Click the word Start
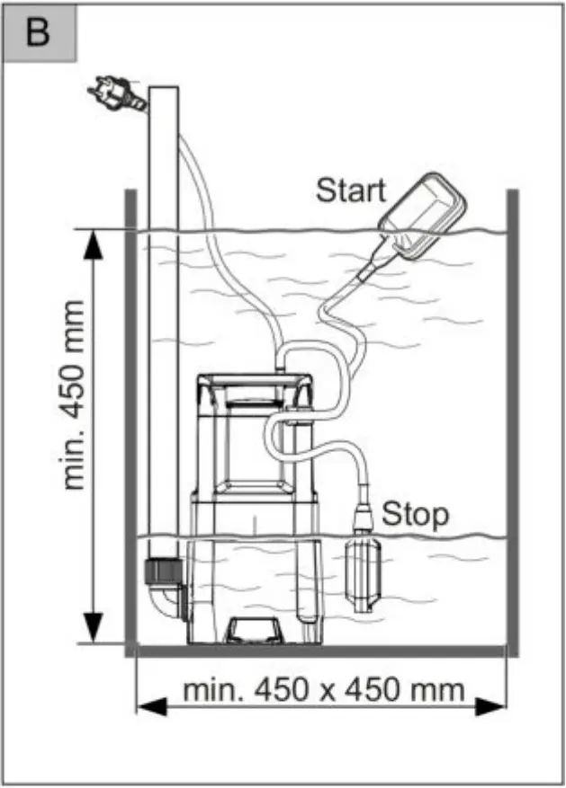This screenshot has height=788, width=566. coord(350,190)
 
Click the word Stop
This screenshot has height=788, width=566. coord(415,515)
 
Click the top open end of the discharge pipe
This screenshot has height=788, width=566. coord(163,88)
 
